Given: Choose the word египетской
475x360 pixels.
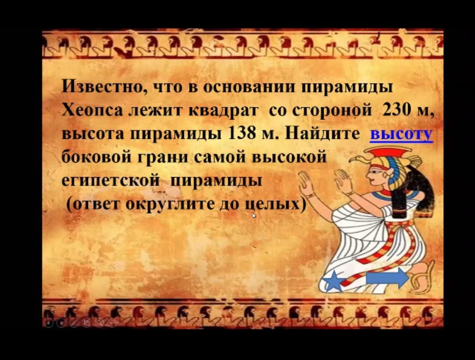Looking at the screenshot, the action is tap(110, 181).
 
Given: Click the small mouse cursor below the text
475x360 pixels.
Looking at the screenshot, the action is tap(254, 215).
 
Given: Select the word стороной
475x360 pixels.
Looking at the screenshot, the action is tap(332, 111).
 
